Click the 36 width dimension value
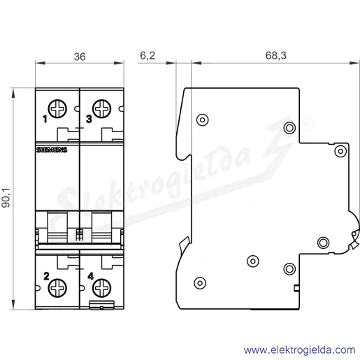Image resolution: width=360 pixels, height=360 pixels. [x=80, y=57]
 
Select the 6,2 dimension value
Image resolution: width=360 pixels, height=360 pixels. [x=147, y=56]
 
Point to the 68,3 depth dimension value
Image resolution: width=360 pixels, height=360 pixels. [x=276, y=56]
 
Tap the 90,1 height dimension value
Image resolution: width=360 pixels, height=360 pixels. [x=6, y=198]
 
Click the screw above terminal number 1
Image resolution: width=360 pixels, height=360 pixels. [x=57, y=108]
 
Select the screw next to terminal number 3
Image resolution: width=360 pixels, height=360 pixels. [x=101, y=108]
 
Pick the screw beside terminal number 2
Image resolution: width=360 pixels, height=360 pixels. [x=57, y=288]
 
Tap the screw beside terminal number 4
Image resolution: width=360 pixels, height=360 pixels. [x=101, y=288]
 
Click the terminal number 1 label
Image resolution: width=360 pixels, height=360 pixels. [x=45, y=120]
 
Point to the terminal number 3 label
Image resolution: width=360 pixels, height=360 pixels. [x=89, y=119]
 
